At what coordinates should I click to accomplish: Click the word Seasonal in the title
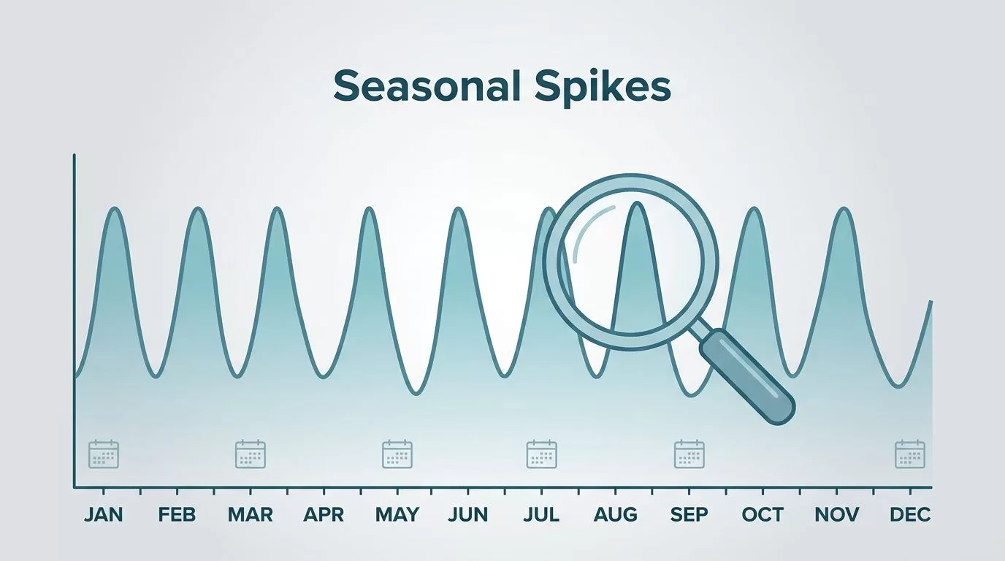(x=427, y=85)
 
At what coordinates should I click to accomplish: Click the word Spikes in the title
(x=603, y=88)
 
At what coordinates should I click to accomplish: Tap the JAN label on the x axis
(x=103, y=515)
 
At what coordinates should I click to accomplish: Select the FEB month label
(x=177, y=515)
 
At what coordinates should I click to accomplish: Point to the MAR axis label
(x=250, y=515)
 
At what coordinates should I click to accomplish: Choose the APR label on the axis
(x=324, y=515)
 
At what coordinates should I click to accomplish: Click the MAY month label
(x=397, y=515)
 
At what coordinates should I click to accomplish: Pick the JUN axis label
(x=467, y=515)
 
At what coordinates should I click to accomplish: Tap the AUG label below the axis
(x=615, y=515)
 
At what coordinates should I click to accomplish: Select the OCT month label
(x=763, y=515)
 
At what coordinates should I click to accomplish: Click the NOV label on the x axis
(x=836, y=515)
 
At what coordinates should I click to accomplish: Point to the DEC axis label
(x=910, y=515)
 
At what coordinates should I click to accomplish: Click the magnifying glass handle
(x=747, y=377)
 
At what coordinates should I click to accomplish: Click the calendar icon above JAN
(x=104, y=454)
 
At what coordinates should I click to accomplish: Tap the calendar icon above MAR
(x=251, y=454)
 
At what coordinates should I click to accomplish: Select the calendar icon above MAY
(x=397, y=454)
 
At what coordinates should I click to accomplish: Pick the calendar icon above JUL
(x=541, y=454)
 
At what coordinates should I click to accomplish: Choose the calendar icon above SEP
(x=689, y=454)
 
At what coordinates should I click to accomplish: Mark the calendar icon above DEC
(x=910, y=454)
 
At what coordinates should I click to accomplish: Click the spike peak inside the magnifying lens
(x=637, y=204)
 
